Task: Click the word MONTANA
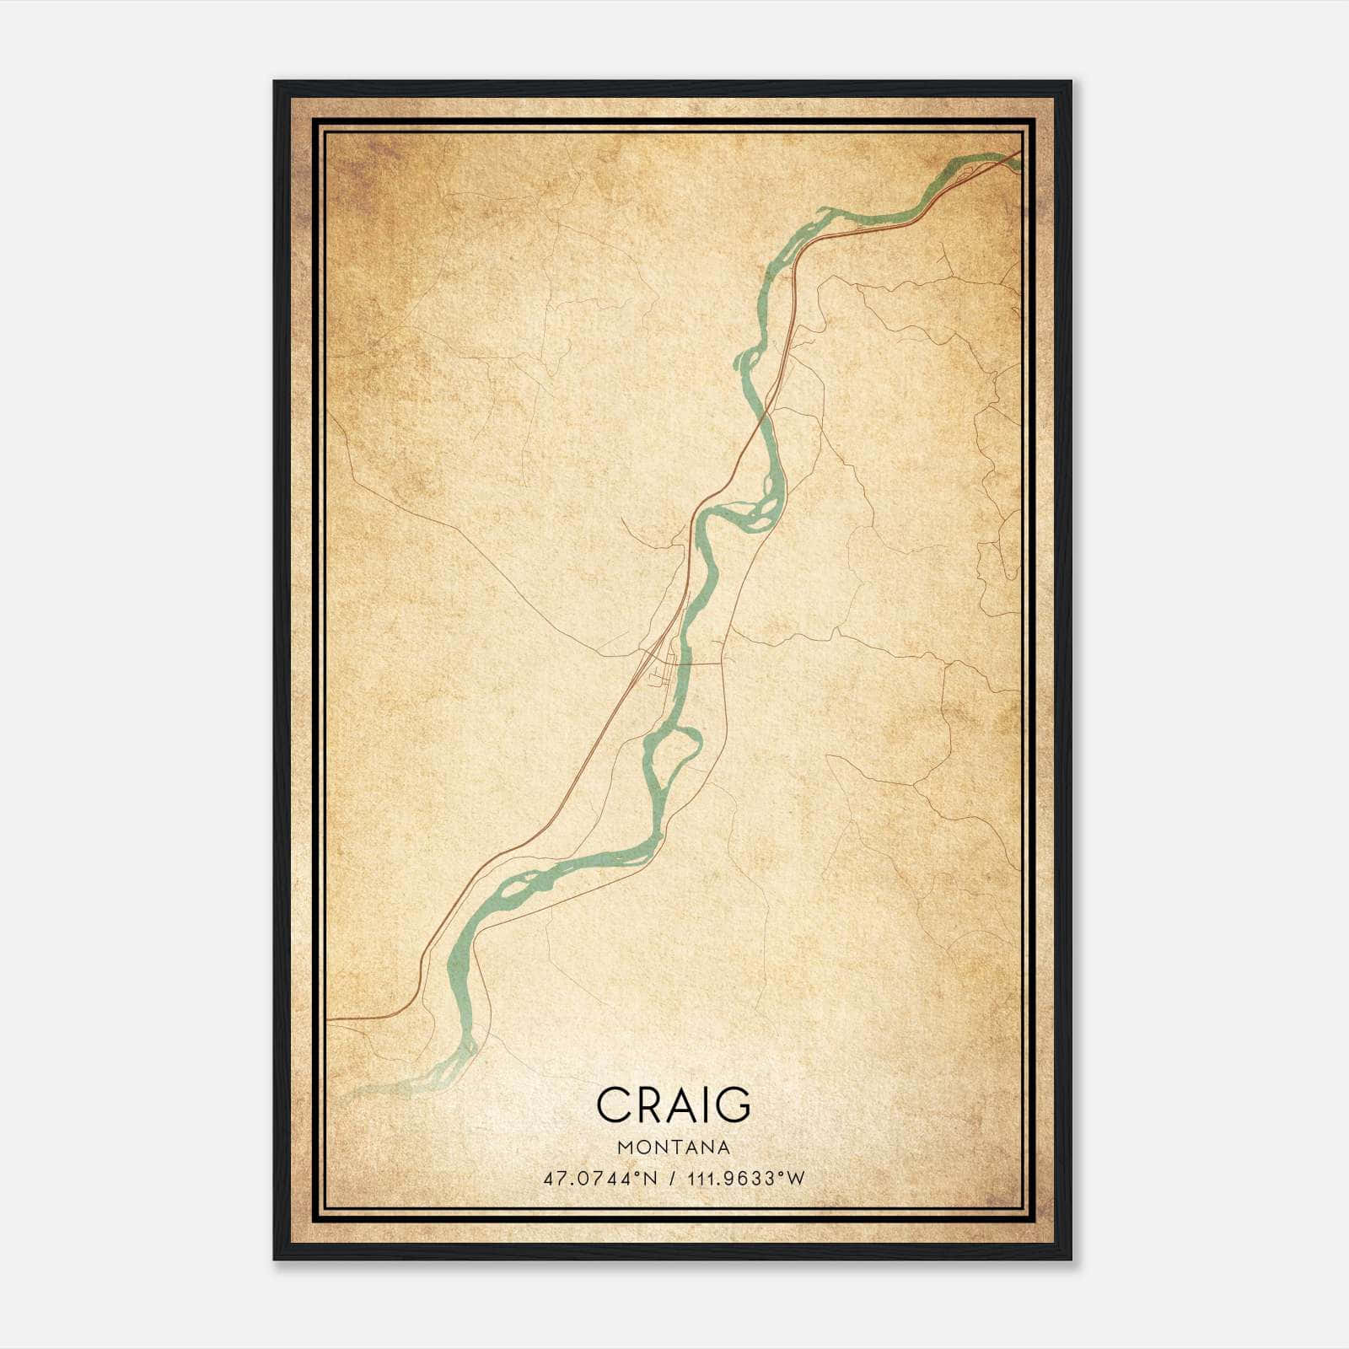point(673,1147)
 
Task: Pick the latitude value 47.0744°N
point(599,1179)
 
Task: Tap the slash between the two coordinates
point(672,1179)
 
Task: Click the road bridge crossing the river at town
point(685,664)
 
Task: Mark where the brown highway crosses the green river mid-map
point(766,413)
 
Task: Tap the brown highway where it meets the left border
point(329,1019)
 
